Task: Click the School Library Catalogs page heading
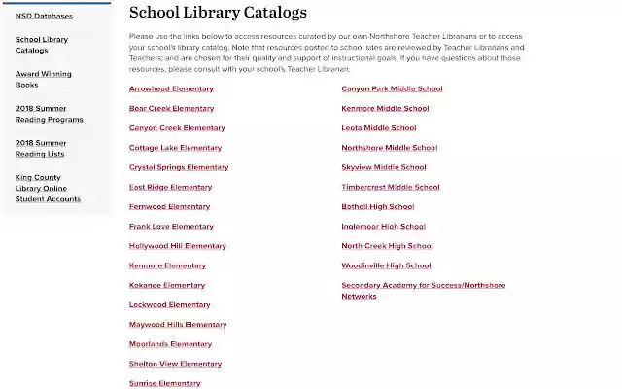(218, 13)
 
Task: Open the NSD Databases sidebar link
(44, 16)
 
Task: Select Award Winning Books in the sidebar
(44, 79)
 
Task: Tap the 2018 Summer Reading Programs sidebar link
(49, 113)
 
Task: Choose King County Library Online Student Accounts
(48, 188)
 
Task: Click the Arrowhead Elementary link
(171, 88)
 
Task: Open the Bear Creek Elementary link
(171, 108)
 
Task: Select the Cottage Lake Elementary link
(175, 148)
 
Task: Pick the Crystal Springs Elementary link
(179, 167)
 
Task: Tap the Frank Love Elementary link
(171, 227)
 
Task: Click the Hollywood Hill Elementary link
(177, 246)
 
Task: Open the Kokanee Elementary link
(167, 285)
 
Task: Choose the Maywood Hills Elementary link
(178, 324)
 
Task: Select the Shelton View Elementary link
(175, 364)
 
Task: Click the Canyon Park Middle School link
(392, 88)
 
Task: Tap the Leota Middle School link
(378, 127)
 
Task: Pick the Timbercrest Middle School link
(390, 187)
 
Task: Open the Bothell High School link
(377, 206)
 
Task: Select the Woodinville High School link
(386, 265)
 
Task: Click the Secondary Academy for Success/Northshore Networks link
(423, 290)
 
